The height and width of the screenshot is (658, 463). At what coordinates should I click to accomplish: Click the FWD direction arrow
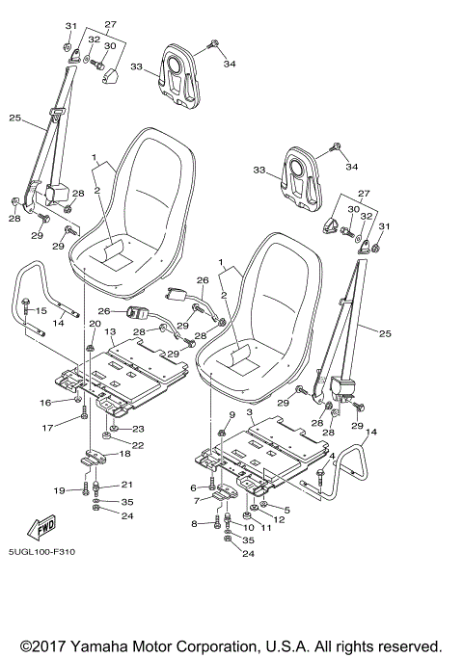click(43, 529)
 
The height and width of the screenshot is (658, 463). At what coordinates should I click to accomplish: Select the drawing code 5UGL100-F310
click(42, 552)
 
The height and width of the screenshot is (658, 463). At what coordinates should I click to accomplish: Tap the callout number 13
click(110, 331)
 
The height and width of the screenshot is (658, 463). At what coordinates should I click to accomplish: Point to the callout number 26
click(202, 280)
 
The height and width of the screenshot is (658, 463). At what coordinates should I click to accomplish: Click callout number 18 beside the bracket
click(123, 453)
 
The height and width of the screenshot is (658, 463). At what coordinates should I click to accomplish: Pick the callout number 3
click(250, 412)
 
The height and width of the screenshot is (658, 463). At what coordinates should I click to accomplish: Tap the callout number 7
click(196, 501)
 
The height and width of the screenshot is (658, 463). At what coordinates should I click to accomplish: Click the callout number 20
click(95, 324)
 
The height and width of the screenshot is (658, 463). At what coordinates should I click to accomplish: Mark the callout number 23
click(138, 429)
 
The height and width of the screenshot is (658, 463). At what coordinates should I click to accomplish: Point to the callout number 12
click(279, 519)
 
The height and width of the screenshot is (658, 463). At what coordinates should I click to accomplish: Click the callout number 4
click(333, 455)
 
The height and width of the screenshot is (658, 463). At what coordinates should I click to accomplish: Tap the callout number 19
click(60, 490)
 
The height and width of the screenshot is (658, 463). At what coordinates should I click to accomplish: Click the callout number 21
click(126, 484)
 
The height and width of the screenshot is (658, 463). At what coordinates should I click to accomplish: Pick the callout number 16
click(45, 402)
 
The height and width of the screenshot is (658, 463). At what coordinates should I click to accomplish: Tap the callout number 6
click(194, 487)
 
